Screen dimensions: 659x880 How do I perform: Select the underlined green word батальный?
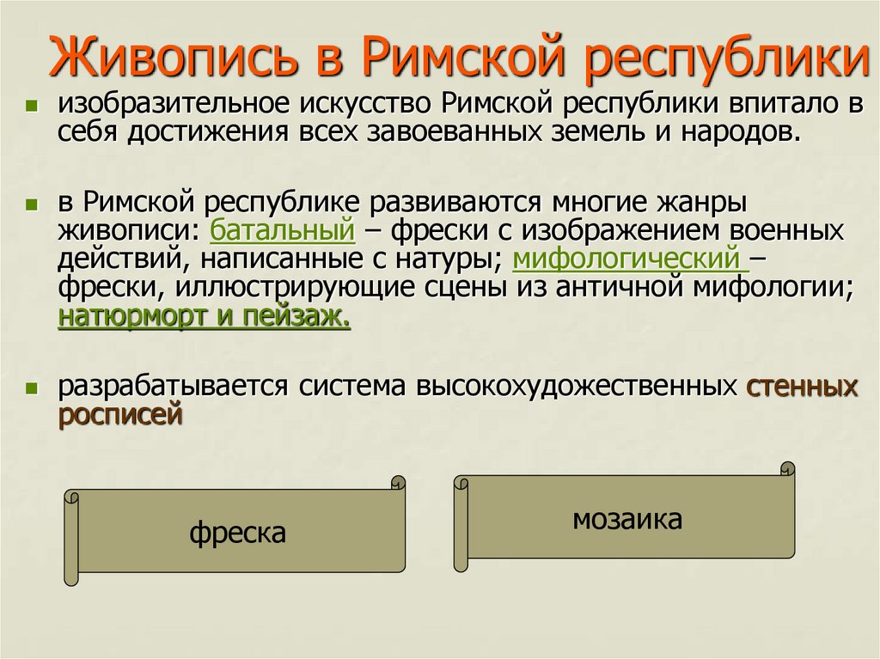(282, 230)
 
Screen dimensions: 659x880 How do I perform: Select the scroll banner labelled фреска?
(237, 533)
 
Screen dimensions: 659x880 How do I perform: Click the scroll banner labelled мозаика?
(627, 519)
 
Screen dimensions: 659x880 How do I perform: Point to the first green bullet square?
(31, 107)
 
